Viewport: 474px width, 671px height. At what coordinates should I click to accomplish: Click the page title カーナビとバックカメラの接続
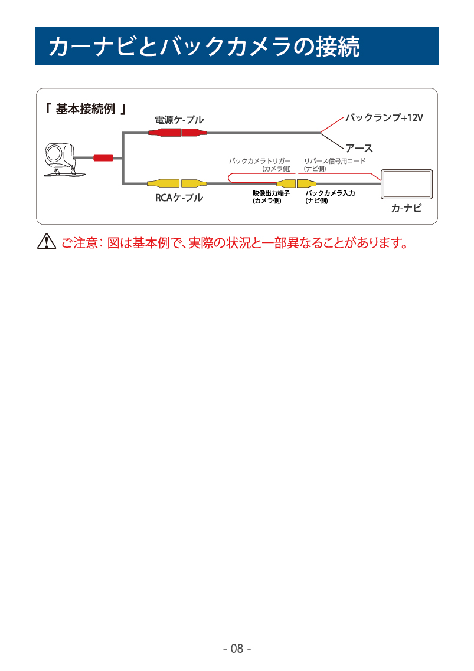[204, 46]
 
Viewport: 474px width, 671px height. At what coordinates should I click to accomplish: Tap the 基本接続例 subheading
[85, 109]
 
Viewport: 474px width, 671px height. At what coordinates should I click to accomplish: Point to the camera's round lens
[54, 153]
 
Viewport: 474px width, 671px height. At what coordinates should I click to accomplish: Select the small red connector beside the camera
[103, 158]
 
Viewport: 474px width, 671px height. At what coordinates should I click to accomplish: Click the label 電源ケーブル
[179, 120]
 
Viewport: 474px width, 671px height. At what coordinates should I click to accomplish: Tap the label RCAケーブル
[179, 198]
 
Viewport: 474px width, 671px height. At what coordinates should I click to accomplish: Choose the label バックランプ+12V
[384, 118]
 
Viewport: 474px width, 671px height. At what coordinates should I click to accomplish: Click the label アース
[359, 148]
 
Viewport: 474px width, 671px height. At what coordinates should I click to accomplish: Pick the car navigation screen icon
[407, 184]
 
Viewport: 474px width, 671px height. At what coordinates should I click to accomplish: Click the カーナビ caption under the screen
[406, 208]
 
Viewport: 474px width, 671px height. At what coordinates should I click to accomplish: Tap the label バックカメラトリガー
[260, 161]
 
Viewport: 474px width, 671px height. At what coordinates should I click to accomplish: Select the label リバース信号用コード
[335, 161]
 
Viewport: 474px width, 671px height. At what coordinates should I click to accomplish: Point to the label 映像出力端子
[272, 193]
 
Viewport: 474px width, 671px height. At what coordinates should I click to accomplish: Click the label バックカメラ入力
[330, 193]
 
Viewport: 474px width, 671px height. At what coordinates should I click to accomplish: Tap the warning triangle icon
[47, 242]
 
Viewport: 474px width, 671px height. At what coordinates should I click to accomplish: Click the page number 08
[237, 649]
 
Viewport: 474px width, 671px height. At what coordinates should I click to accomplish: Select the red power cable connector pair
[178, 133]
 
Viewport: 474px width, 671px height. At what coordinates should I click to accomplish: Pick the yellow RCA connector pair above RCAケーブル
[177, 183]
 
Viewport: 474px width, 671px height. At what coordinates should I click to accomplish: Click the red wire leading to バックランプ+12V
[332, 124]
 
